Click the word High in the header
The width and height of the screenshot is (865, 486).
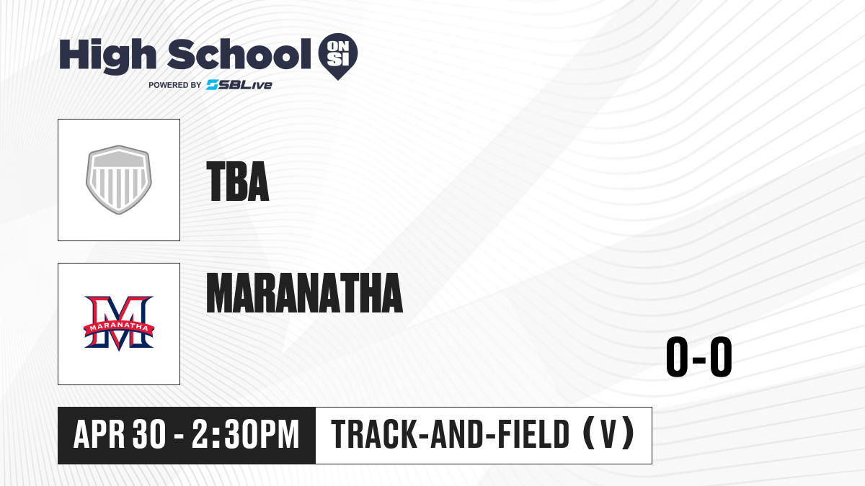(x=107, y=56)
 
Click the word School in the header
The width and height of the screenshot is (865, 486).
(x=239, y=55)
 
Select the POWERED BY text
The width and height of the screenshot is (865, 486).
(x=175, y=85)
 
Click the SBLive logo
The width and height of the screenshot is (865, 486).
(x=239, y=84)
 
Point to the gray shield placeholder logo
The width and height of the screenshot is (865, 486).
(x=119, y=180)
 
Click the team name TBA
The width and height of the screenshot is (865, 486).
(x=237, y=181)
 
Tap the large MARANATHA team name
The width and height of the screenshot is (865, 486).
(x=305, y=293)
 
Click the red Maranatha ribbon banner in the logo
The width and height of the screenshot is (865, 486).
(x=119, y=328)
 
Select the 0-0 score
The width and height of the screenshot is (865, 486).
(x=699, y=356)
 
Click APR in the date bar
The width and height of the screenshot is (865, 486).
(x=99, y=434)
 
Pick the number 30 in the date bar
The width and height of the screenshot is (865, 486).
(x=149, y=434)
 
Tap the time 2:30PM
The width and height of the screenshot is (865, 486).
(x=246, y=434)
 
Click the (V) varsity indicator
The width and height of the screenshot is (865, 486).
(x=608, y=434)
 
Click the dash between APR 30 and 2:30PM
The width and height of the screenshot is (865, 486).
(x=179, y=436)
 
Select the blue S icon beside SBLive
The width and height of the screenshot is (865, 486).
(x=213, y=84)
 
